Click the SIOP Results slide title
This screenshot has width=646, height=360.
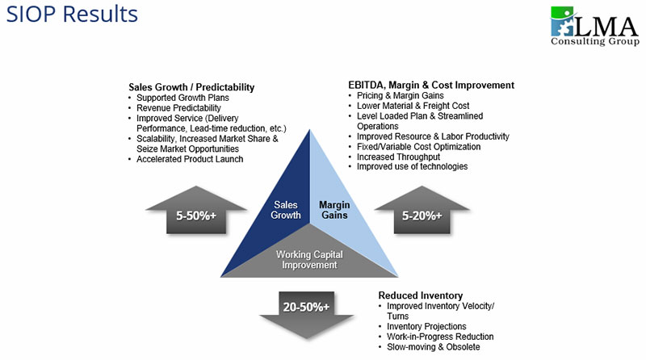(70, 15)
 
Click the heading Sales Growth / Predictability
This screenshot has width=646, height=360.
(191, 86)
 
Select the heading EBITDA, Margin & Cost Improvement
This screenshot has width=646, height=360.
(430, 85)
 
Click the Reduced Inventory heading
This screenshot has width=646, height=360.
(421, 295)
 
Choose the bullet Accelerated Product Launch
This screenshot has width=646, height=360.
(190, 159)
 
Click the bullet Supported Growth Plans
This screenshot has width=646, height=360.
(182, 98)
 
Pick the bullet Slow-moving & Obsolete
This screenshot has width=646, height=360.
(433, 346)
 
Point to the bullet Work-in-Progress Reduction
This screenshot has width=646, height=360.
(440, 337)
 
